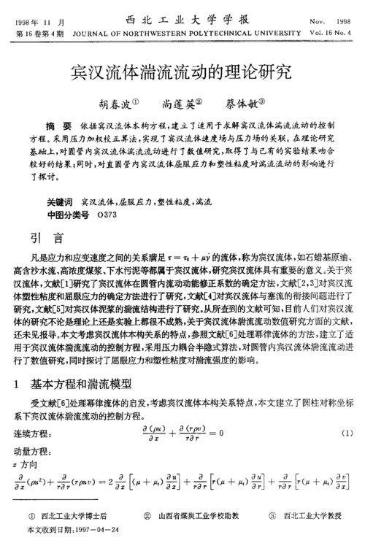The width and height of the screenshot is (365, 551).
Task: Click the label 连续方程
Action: coord(33,434)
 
